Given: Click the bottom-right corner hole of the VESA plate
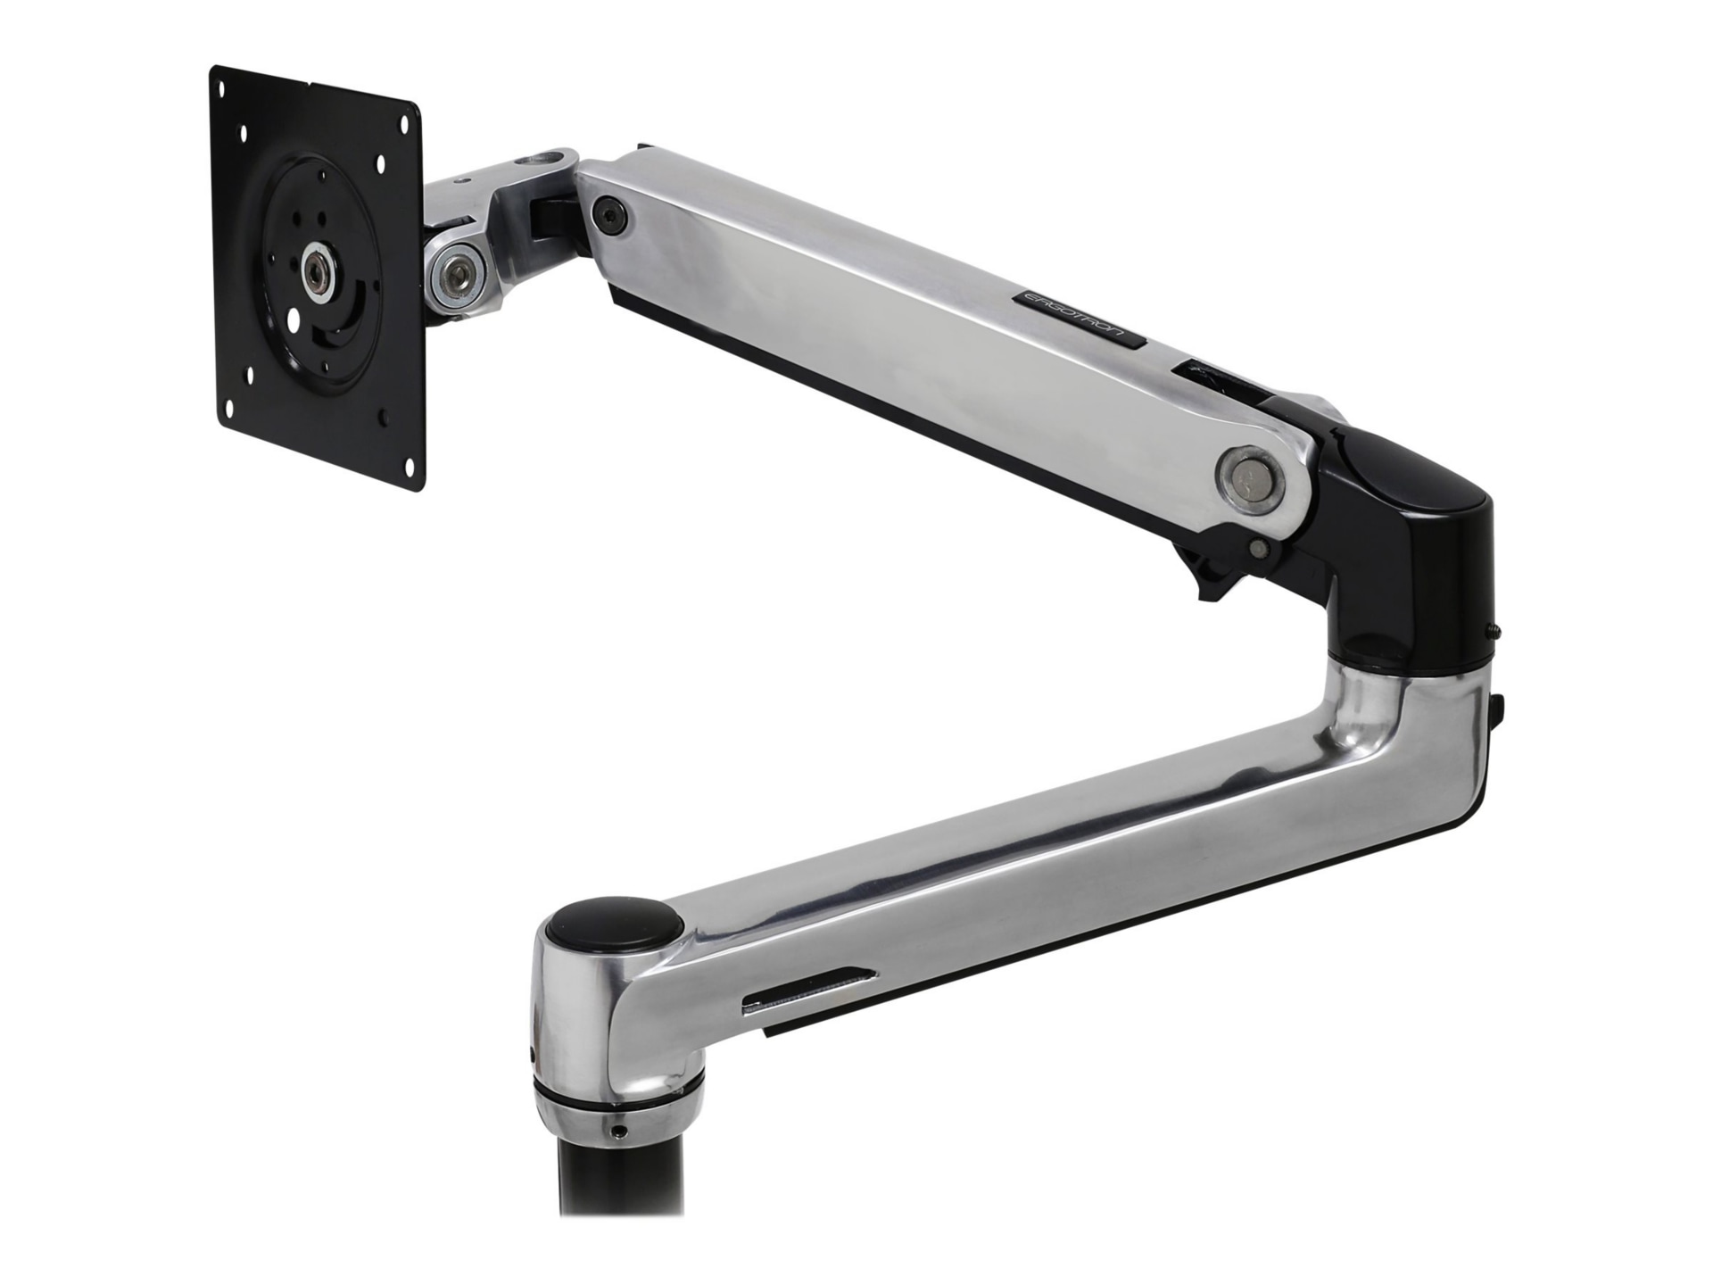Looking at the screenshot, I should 411,462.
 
